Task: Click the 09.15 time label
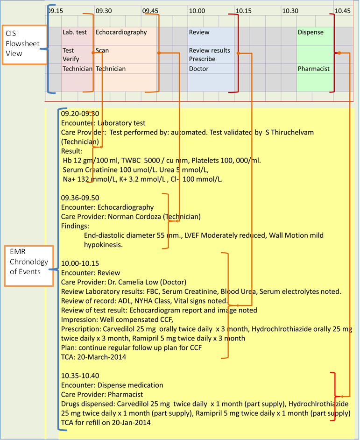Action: (x=56, y=10)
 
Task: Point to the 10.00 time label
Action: (x=197, y=10)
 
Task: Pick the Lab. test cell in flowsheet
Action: (x=75, y=32)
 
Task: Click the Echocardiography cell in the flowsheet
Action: (x=121, y=32)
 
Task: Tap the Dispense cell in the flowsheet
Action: (x=311, y=32)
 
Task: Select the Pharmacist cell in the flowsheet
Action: (x=313, y=69)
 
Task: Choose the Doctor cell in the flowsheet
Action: (x=198, y=69)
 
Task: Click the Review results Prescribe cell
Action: (x=209, y=55)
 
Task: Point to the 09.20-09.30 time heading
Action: (x=80, y=114)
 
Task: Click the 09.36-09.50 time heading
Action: (x=80, y=198)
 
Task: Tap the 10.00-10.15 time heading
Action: (x=80, y=263)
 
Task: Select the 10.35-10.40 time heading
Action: (x=80, y=376)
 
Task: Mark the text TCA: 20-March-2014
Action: (x=93, y=357)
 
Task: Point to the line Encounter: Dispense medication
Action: (x=112, y=385)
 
